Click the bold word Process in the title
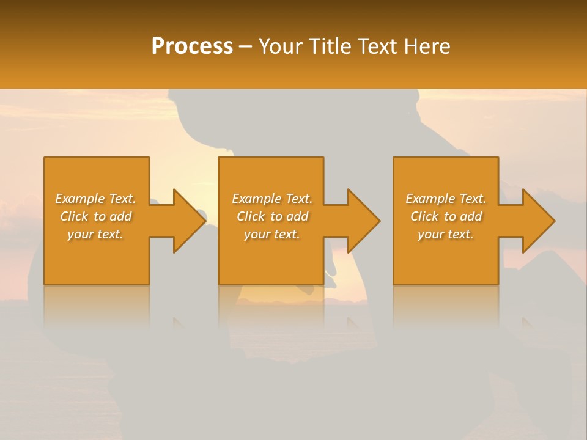pyautogui.click(x=192, y=46)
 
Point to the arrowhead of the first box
pyautogui.click(x=187, y=221)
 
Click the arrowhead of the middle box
pyautogui.click(x=362, y=221)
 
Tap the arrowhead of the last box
pyautogui.click(x=537, y=221)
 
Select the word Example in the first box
pyautogui.click(x=79, y=199)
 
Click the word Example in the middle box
pyautogui.click(x=256, y=199)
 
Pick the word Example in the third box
pyautogui.click(x=430, y=199)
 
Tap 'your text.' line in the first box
pyautogui.click(x=95, y=234)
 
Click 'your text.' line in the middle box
pyautogui.click(x=272, y=234)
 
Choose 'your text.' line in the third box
pyautogui.click(x=446, y=234)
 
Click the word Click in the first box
pyautogui.click(x=73, y=216)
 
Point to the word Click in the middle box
pyautogui.click(x=250, y=216)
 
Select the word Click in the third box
pyautogui.click(x=424, y=216)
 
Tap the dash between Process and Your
pyautogui.click(x=245, y=47)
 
